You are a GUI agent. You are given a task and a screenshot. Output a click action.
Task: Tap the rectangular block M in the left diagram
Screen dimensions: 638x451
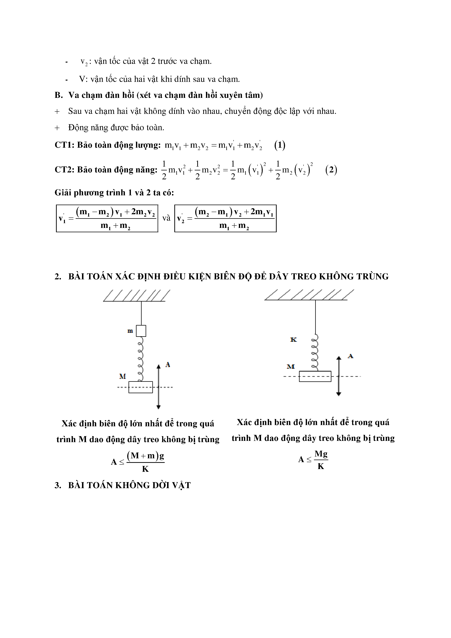click(x=141, y=387)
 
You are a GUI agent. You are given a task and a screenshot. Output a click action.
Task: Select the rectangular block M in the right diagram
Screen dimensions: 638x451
click(x=315, y=376)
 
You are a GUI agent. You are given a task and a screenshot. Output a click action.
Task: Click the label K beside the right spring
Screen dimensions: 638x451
click(x=293, y=340)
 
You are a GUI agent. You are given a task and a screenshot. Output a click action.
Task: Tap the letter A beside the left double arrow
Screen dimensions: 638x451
click(x=167, y=365)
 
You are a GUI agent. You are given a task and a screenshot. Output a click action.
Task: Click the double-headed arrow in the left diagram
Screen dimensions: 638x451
click(x=158, y=387)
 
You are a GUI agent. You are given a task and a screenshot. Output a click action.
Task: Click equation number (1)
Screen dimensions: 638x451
click(x=280, y=145)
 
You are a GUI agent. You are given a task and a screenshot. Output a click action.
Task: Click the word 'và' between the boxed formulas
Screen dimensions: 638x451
click(x=166, y=218)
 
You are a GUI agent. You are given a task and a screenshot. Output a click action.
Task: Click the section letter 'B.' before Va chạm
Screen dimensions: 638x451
click(x=59, y=95)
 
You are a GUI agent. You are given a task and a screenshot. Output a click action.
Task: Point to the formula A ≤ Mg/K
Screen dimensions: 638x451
click(x=313, y=460)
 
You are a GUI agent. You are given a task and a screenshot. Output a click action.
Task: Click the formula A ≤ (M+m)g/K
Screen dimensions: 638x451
click(x=138, y=462)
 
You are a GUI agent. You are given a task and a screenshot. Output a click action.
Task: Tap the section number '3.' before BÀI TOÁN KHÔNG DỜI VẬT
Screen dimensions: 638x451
click(x=58, y=485)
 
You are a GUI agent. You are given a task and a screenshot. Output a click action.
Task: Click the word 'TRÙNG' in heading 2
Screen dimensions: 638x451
click(x=372, y=276)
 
